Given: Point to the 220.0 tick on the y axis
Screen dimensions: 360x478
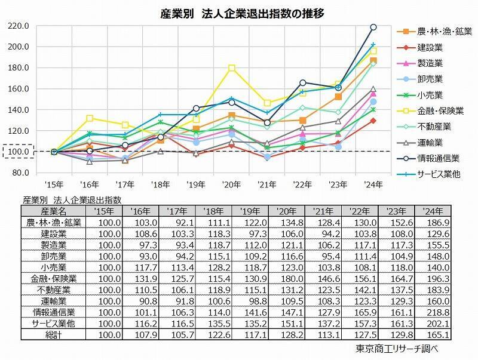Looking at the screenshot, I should click(x=19, y=26).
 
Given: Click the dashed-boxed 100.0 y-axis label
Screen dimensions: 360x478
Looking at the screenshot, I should click(x=19, y=152).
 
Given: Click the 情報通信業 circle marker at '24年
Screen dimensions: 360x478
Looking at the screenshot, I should click(x=373, y=27).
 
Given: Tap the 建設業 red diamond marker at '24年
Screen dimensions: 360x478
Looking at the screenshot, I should click(x=373, y=121).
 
